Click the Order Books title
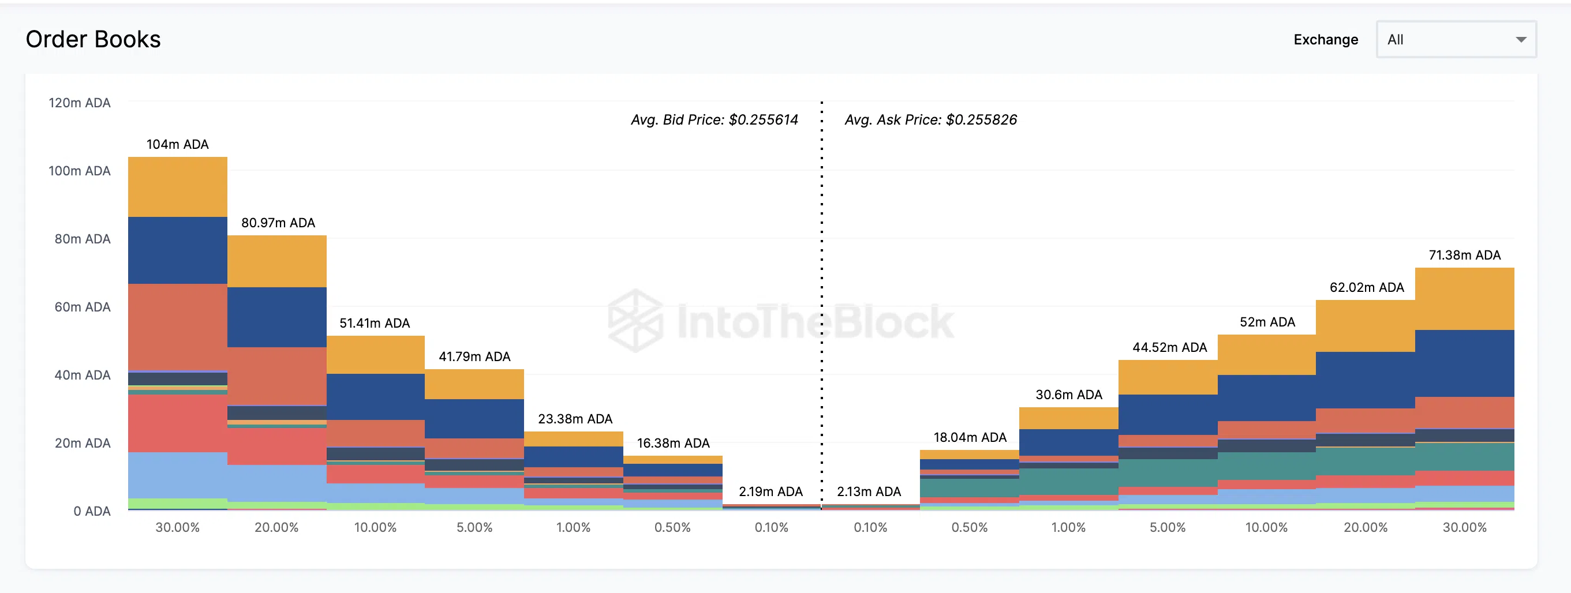[x=93, y=40]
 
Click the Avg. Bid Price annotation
[x=714, y=120]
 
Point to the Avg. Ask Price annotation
[x=930, y=120]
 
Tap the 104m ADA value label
[x=177, y=144]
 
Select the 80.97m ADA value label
[x=278, y=223]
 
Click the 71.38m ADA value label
[x=1464, y=256]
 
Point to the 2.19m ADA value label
[x=770, y=492]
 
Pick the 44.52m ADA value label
[x=1169, y=347]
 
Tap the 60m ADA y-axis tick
[x=83, y=307]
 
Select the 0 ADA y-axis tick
[x=92, y=511]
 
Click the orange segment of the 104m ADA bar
[x=177, y=187]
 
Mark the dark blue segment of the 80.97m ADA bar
[x=277, y=317]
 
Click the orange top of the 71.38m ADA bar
[x=1464, y=299]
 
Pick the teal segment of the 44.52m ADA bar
[x=1168, y=473]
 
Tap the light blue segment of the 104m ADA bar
[x=177, y=475]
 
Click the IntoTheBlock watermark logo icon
[x=635, y=321]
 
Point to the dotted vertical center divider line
[x=821, y=305]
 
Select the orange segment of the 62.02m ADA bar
[x=1365, y=326]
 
